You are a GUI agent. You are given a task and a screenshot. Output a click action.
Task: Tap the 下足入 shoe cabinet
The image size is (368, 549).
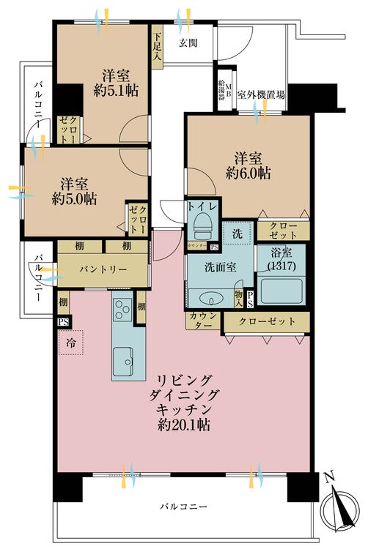tap(157, 46)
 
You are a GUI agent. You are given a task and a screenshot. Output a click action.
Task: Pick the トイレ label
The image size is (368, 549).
tap(200, 207)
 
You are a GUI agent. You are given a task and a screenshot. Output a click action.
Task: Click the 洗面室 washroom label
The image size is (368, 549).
tap(219, 267)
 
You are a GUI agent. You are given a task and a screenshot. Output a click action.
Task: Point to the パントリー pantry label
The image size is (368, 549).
tap(103, 270)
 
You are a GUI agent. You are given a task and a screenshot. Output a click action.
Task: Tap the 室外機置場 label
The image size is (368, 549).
tap(261, 94)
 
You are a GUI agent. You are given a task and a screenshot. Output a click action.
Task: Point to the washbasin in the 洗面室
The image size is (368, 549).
tap(212, 298)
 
